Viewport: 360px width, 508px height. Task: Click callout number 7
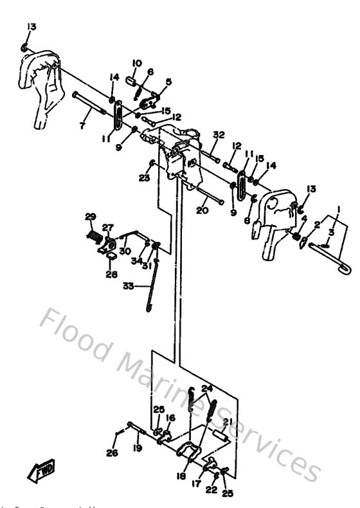point(82,127)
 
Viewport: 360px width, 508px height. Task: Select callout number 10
point(136,63)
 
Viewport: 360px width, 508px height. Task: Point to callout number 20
point(202,210)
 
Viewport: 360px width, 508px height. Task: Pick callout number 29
point(91,216)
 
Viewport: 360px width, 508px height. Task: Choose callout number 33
point(129,286)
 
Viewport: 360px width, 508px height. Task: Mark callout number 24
point(206,388)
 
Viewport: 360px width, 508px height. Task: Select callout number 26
point(113,452)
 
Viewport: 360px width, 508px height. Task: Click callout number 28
point(112,275)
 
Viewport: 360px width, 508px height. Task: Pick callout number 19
point(137,448)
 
